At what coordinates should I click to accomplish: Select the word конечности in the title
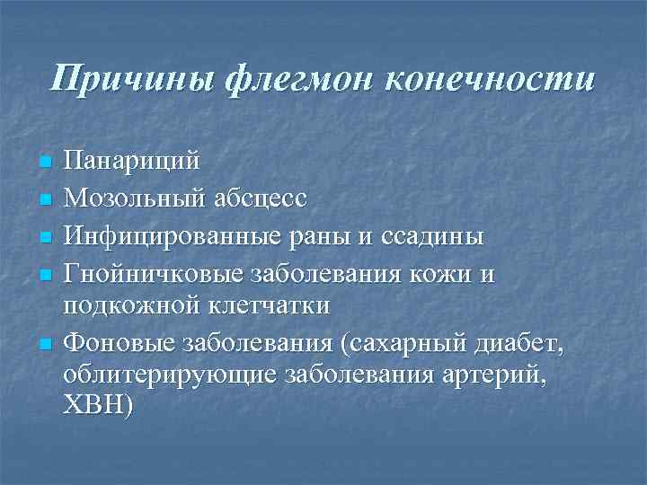[489, 78]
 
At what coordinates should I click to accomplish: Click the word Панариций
[131, 163]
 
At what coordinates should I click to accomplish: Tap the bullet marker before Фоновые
[46, 342]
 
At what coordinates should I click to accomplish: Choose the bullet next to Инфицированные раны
[46, 237]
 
